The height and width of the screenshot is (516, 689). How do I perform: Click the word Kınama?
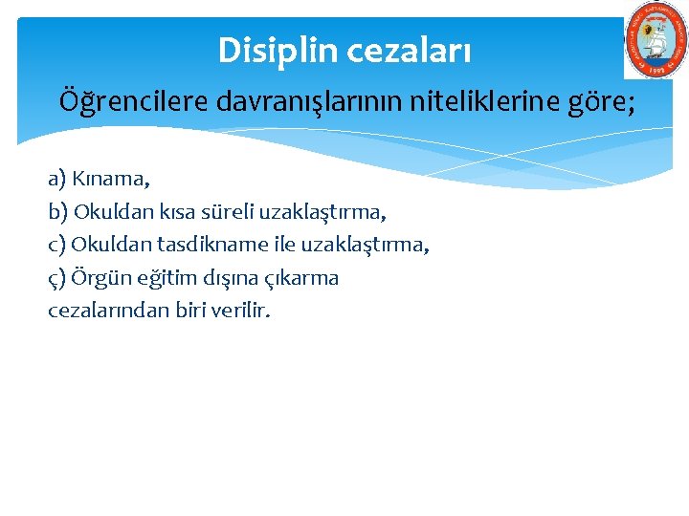[x=112, y=179]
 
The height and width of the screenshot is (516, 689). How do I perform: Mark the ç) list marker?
[x=57, y=278]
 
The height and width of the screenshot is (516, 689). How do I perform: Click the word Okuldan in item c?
[x=106, y=245]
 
